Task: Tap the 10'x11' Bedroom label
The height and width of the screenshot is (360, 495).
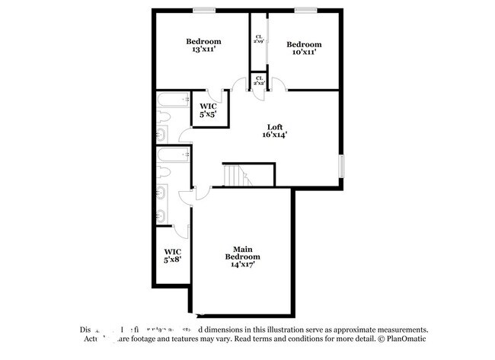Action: click(304, 49)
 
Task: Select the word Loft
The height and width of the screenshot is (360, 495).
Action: click(276, 126)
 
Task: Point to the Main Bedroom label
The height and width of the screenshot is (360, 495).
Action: click(242, 253)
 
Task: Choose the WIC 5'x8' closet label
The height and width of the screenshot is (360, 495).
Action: click(171, 256)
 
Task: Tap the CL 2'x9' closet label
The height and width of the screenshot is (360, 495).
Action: click(259, 40)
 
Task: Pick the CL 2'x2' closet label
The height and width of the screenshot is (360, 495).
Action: click(259, 80)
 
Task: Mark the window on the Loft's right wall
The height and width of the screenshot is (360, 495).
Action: click(341, 164)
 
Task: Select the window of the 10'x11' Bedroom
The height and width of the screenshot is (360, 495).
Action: click(305, 10)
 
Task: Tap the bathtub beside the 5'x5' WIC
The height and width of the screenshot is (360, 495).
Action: click(168, 100)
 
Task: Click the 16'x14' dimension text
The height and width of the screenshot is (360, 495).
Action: click(276, 135)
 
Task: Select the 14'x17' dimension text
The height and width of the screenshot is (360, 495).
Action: click(242, 265)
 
